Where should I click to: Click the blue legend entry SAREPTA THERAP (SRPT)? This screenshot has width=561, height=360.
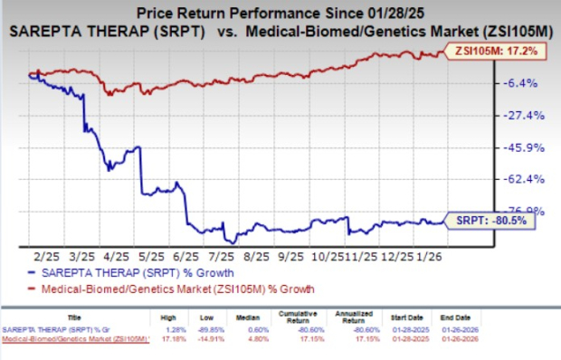click(x=136, y=272)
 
